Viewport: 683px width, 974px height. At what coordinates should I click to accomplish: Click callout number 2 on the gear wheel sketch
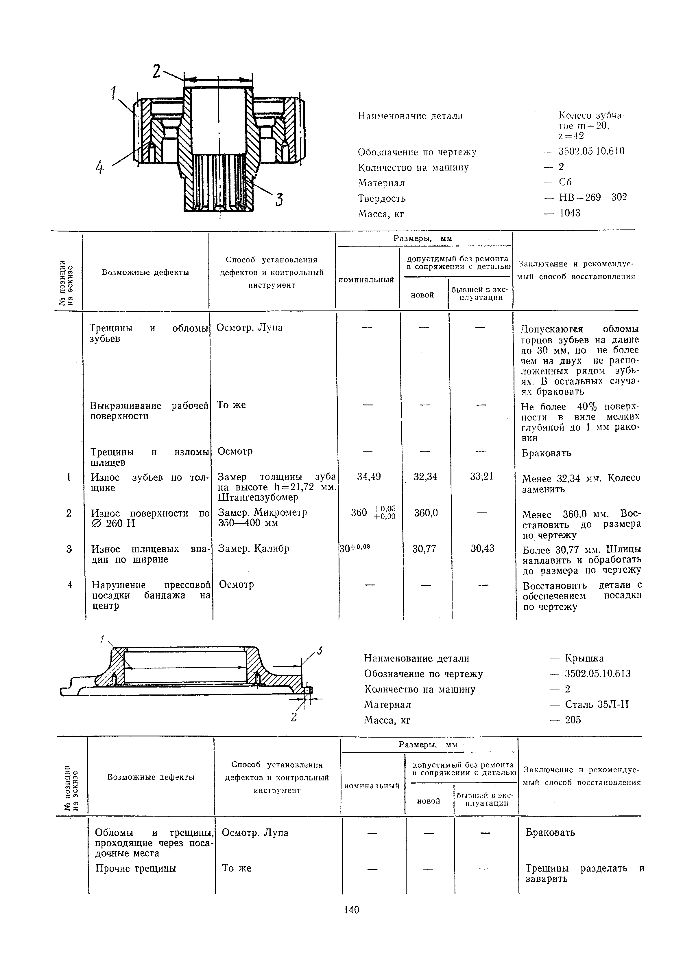[x=156, y=71]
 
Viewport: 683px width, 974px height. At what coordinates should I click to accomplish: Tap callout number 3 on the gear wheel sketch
[x=279, y=199]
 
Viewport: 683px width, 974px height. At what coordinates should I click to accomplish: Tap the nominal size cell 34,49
[x=369, y=477]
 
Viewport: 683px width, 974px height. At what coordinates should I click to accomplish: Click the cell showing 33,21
[x=482, y=477]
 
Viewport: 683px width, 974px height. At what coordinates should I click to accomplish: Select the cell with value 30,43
[x=483, y=549]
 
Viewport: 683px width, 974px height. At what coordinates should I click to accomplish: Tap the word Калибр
[x=271, y=549]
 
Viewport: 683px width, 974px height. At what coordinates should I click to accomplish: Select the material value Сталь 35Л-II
[x=597, y=705]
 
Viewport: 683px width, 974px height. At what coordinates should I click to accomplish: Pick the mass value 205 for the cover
[x=573, y=720]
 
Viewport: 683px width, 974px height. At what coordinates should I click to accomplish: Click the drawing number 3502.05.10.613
[x=598, y=674]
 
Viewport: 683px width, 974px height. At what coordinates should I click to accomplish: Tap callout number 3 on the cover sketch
[x=320, y=650]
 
